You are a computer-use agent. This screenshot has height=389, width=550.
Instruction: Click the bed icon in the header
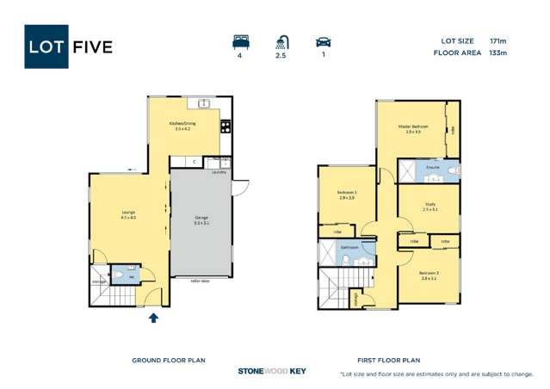(x=239, y=40)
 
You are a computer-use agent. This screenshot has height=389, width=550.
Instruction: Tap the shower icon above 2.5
(x=281, y=40)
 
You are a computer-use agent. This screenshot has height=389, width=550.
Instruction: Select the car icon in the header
(x=324, y=40)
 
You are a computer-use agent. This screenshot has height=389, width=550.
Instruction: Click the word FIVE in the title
(x=92, y=46)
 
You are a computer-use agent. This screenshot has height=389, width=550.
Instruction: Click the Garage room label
(x=201, y=218)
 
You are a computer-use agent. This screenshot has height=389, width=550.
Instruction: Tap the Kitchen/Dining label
(x=182, y=124)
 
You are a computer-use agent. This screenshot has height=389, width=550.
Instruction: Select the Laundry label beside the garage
(x=219, y=172)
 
